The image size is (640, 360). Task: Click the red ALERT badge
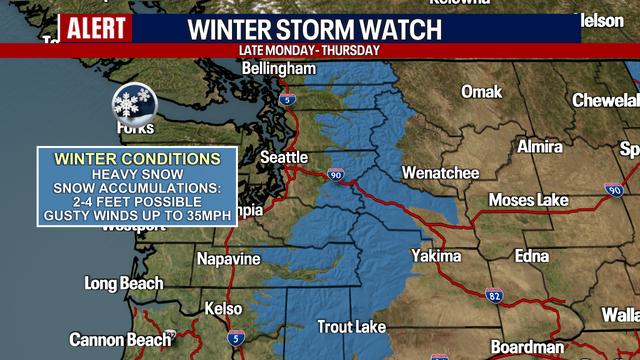tap(96, 27)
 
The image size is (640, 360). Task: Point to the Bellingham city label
tap(280, 69)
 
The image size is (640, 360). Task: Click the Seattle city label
tap(284, 157)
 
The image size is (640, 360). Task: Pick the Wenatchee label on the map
tap(440, 173)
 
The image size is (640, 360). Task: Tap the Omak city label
tap(481, 92)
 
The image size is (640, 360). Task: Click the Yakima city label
tap(436, 256)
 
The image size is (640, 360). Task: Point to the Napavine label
tap(229, 259)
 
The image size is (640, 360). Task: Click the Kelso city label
tap(223, 310)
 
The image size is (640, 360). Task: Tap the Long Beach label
tap(124, 284)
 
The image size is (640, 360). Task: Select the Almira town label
tap(540, 147)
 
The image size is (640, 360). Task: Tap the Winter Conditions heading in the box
tap(137, 159)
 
